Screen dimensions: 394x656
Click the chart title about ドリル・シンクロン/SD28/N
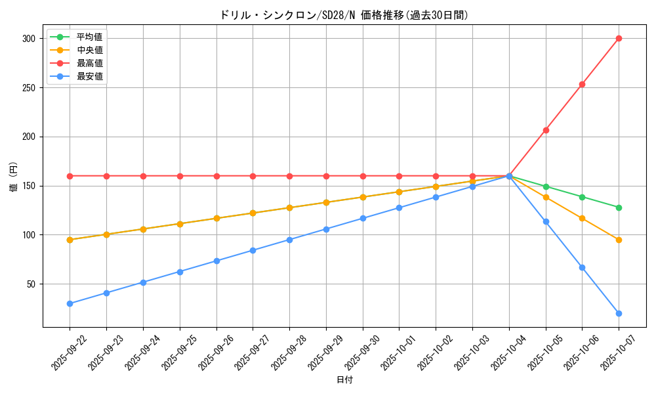coord(344,15)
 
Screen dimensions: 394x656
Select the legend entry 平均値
coord(89,37)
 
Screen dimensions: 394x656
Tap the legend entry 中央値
coord(89,50)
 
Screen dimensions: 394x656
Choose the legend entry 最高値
coord(89,63)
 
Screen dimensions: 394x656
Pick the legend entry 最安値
coord(89,76)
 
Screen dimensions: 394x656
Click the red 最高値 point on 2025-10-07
coord(619,38)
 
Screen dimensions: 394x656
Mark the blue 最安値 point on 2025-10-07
coord(619,313)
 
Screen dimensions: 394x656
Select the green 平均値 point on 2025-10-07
coord(619,208)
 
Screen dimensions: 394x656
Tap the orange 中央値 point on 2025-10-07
coord(619,240)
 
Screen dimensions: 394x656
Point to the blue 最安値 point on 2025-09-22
coord(70,303)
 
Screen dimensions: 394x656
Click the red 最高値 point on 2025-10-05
coord(546,130)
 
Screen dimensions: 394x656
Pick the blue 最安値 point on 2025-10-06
coord(582,267)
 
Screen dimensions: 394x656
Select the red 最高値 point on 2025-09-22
coord(70,176)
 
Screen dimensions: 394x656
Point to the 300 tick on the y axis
coord(28,39)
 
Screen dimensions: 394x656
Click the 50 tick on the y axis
coord(30,284)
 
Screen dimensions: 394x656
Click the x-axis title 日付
coord(344,380)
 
